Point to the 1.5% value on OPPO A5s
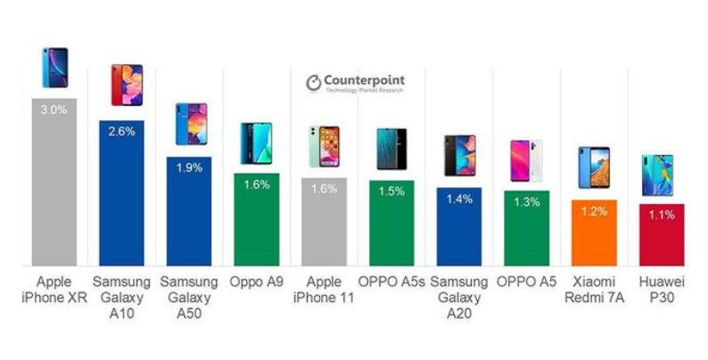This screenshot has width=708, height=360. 391,192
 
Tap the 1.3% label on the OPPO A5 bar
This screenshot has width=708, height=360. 526,202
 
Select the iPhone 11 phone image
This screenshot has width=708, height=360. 324,147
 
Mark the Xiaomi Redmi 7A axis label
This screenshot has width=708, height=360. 594,289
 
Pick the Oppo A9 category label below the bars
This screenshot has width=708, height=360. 256,282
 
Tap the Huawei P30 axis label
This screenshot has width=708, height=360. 662,289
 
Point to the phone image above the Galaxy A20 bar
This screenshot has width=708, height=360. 460,156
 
